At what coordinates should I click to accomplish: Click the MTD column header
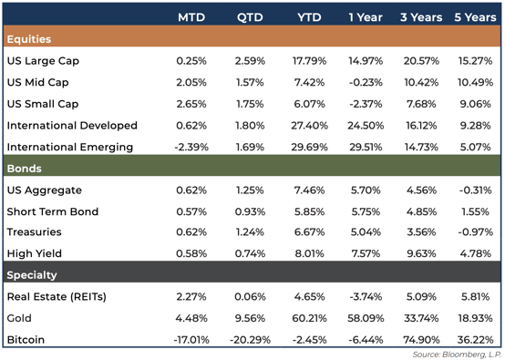[x=190, y=17]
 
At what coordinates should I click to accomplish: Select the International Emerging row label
[x=69, y=147]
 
